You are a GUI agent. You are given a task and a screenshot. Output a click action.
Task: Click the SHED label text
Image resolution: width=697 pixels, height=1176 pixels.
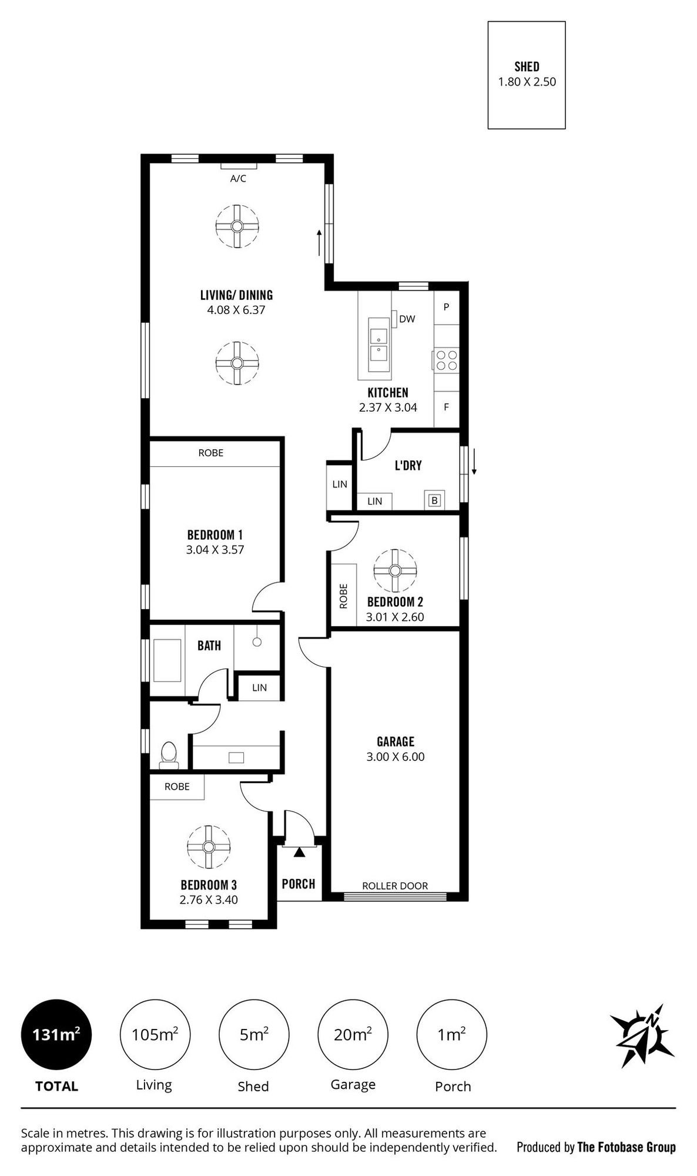[527, 66]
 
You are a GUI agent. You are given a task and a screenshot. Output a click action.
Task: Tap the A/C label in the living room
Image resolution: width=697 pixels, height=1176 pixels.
[238, 179]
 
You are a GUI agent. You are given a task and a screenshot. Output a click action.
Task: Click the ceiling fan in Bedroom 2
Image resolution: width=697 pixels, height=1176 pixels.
[395, 571]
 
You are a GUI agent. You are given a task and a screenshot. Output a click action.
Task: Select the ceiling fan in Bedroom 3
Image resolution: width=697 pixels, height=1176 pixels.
[209, 846]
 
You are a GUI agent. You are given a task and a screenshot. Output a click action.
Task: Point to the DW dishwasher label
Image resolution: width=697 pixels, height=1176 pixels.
[407, 319]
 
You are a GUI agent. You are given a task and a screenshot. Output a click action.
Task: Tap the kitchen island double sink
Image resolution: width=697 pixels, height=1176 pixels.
[378, 344]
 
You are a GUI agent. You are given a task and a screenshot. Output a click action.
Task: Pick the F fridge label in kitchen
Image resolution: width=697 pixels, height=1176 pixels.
[447, 406]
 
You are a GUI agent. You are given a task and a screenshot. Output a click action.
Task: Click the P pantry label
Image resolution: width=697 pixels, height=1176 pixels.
[447, 307]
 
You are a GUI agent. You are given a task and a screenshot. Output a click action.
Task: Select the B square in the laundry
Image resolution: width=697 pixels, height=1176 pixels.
[434, 501]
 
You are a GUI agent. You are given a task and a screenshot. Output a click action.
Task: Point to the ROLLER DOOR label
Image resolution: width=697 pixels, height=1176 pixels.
[395, 886]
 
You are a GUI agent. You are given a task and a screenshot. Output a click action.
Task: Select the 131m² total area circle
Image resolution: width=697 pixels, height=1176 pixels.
[56, 1034]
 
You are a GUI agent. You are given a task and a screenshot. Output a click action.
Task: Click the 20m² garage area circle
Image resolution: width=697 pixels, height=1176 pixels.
[353, 1034]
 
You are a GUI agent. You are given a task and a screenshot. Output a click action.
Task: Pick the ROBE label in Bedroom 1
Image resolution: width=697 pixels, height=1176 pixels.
[211, 453]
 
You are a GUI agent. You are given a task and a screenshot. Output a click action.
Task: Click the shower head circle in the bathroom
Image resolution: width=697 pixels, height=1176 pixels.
[257, 642]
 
